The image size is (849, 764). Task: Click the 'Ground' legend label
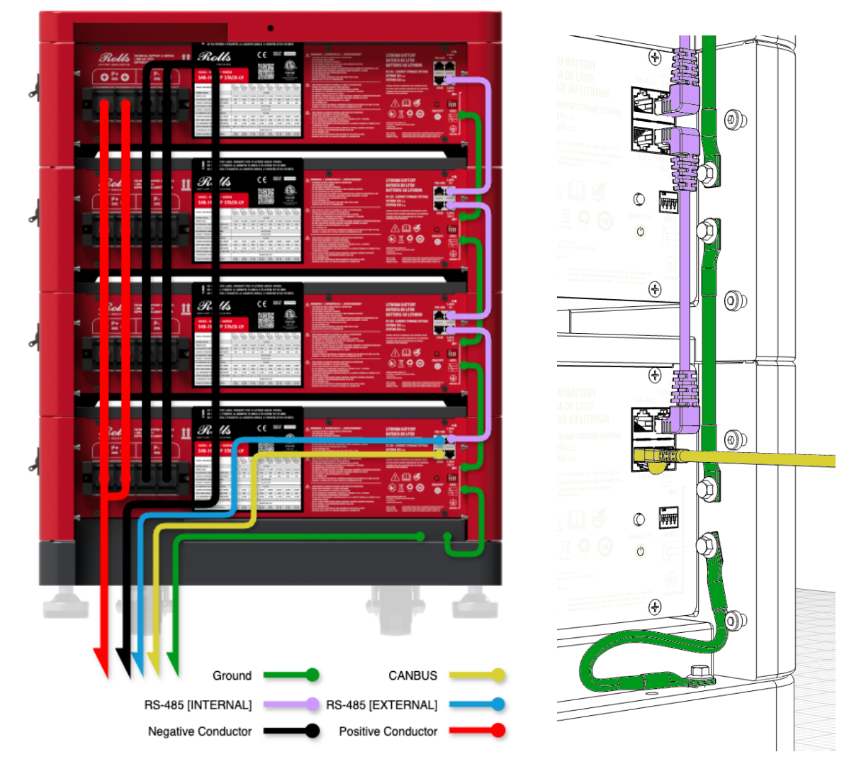click(232, 675)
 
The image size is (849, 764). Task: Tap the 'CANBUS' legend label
click(412, 675)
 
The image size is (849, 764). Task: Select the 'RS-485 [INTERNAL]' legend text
click(198, 705)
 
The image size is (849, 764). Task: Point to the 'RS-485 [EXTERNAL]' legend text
click(381, 705)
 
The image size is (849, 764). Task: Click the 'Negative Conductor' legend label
click(199, 731)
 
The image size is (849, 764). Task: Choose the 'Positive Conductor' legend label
click(388, 731)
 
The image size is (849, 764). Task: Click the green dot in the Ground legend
click(312, 675)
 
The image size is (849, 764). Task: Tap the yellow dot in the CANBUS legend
click(498, 675)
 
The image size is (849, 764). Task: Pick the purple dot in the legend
click(312, 704)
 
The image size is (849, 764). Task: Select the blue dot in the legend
click(498, 704)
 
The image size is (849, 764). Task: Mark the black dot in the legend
click(312, 731)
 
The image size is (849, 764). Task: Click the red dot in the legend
click(498, 730)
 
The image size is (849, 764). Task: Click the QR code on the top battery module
click(266, 71)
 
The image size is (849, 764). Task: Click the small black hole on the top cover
click(271, 28)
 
